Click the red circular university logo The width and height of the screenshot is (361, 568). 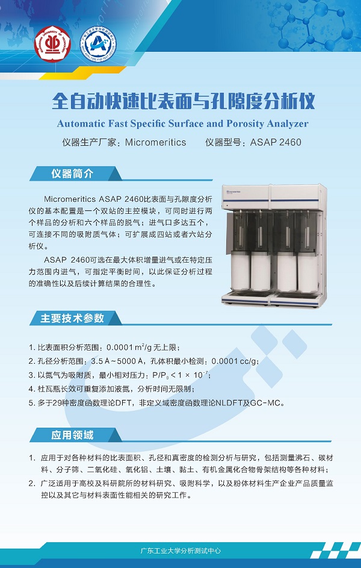(52, 44)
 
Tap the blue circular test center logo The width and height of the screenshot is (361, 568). (97, 44)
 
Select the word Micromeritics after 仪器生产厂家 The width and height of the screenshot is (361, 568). (156, 142)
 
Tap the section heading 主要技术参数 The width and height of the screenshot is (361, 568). (72, 319)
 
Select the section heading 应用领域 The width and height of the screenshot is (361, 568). (72, 435)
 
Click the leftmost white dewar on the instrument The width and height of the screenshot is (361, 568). (240, 272)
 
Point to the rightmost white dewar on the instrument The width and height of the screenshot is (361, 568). (307, 273)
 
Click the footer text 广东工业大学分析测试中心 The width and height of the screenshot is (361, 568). (180, 551)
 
